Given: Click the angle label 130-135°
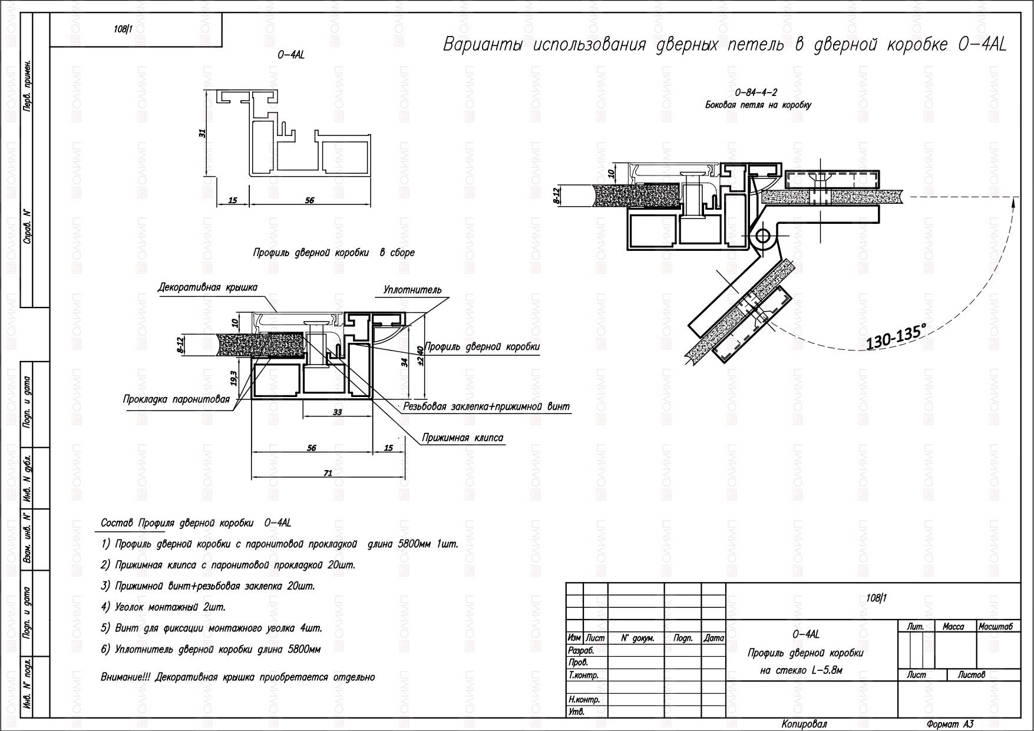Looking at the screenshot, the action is [x=896, y=336].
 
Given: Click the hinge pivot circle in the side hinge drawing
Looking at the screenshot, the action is [x=763, y=237].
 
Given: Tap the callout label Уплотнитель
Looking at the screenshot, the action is [x=412, y=290].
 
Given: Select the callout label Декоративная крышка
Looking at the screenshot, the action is [x=207, y=287].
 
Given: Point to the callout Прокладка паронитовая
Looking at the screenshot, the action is [x=176, y=399].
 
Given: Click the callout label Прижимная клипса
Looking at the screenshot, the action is [x=463, y=438].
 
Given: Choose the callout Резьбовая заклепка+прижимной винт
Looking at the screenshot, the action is [x=486, y=406].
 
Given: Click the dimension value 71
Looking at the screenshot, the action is [x=328, y=472].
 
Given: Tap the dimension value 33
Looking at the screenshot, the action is [x=337, y=412].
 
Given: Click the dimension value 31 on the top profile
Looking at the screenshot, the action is [x=202, y=134].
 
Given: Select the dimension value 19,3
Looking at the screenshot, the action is [x=234, y=378].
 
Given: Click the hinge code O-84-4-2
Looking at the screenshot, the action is [x=756, y=92].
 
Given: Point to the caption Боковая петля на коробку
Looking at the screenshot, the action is [x=758, y=105].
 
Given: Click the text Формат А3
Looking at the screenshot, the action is [x=950, y=724].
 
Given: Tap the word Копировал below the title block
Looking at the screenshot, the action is [x=804, y=724].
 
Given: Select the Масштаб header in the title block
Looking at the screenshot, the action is [x=995, y=627].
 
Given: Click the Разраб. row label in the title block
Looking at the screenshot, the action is [x=581, y=651].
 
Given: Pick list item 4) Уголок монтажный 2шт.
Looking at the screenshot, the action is [x=163, y=607].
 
